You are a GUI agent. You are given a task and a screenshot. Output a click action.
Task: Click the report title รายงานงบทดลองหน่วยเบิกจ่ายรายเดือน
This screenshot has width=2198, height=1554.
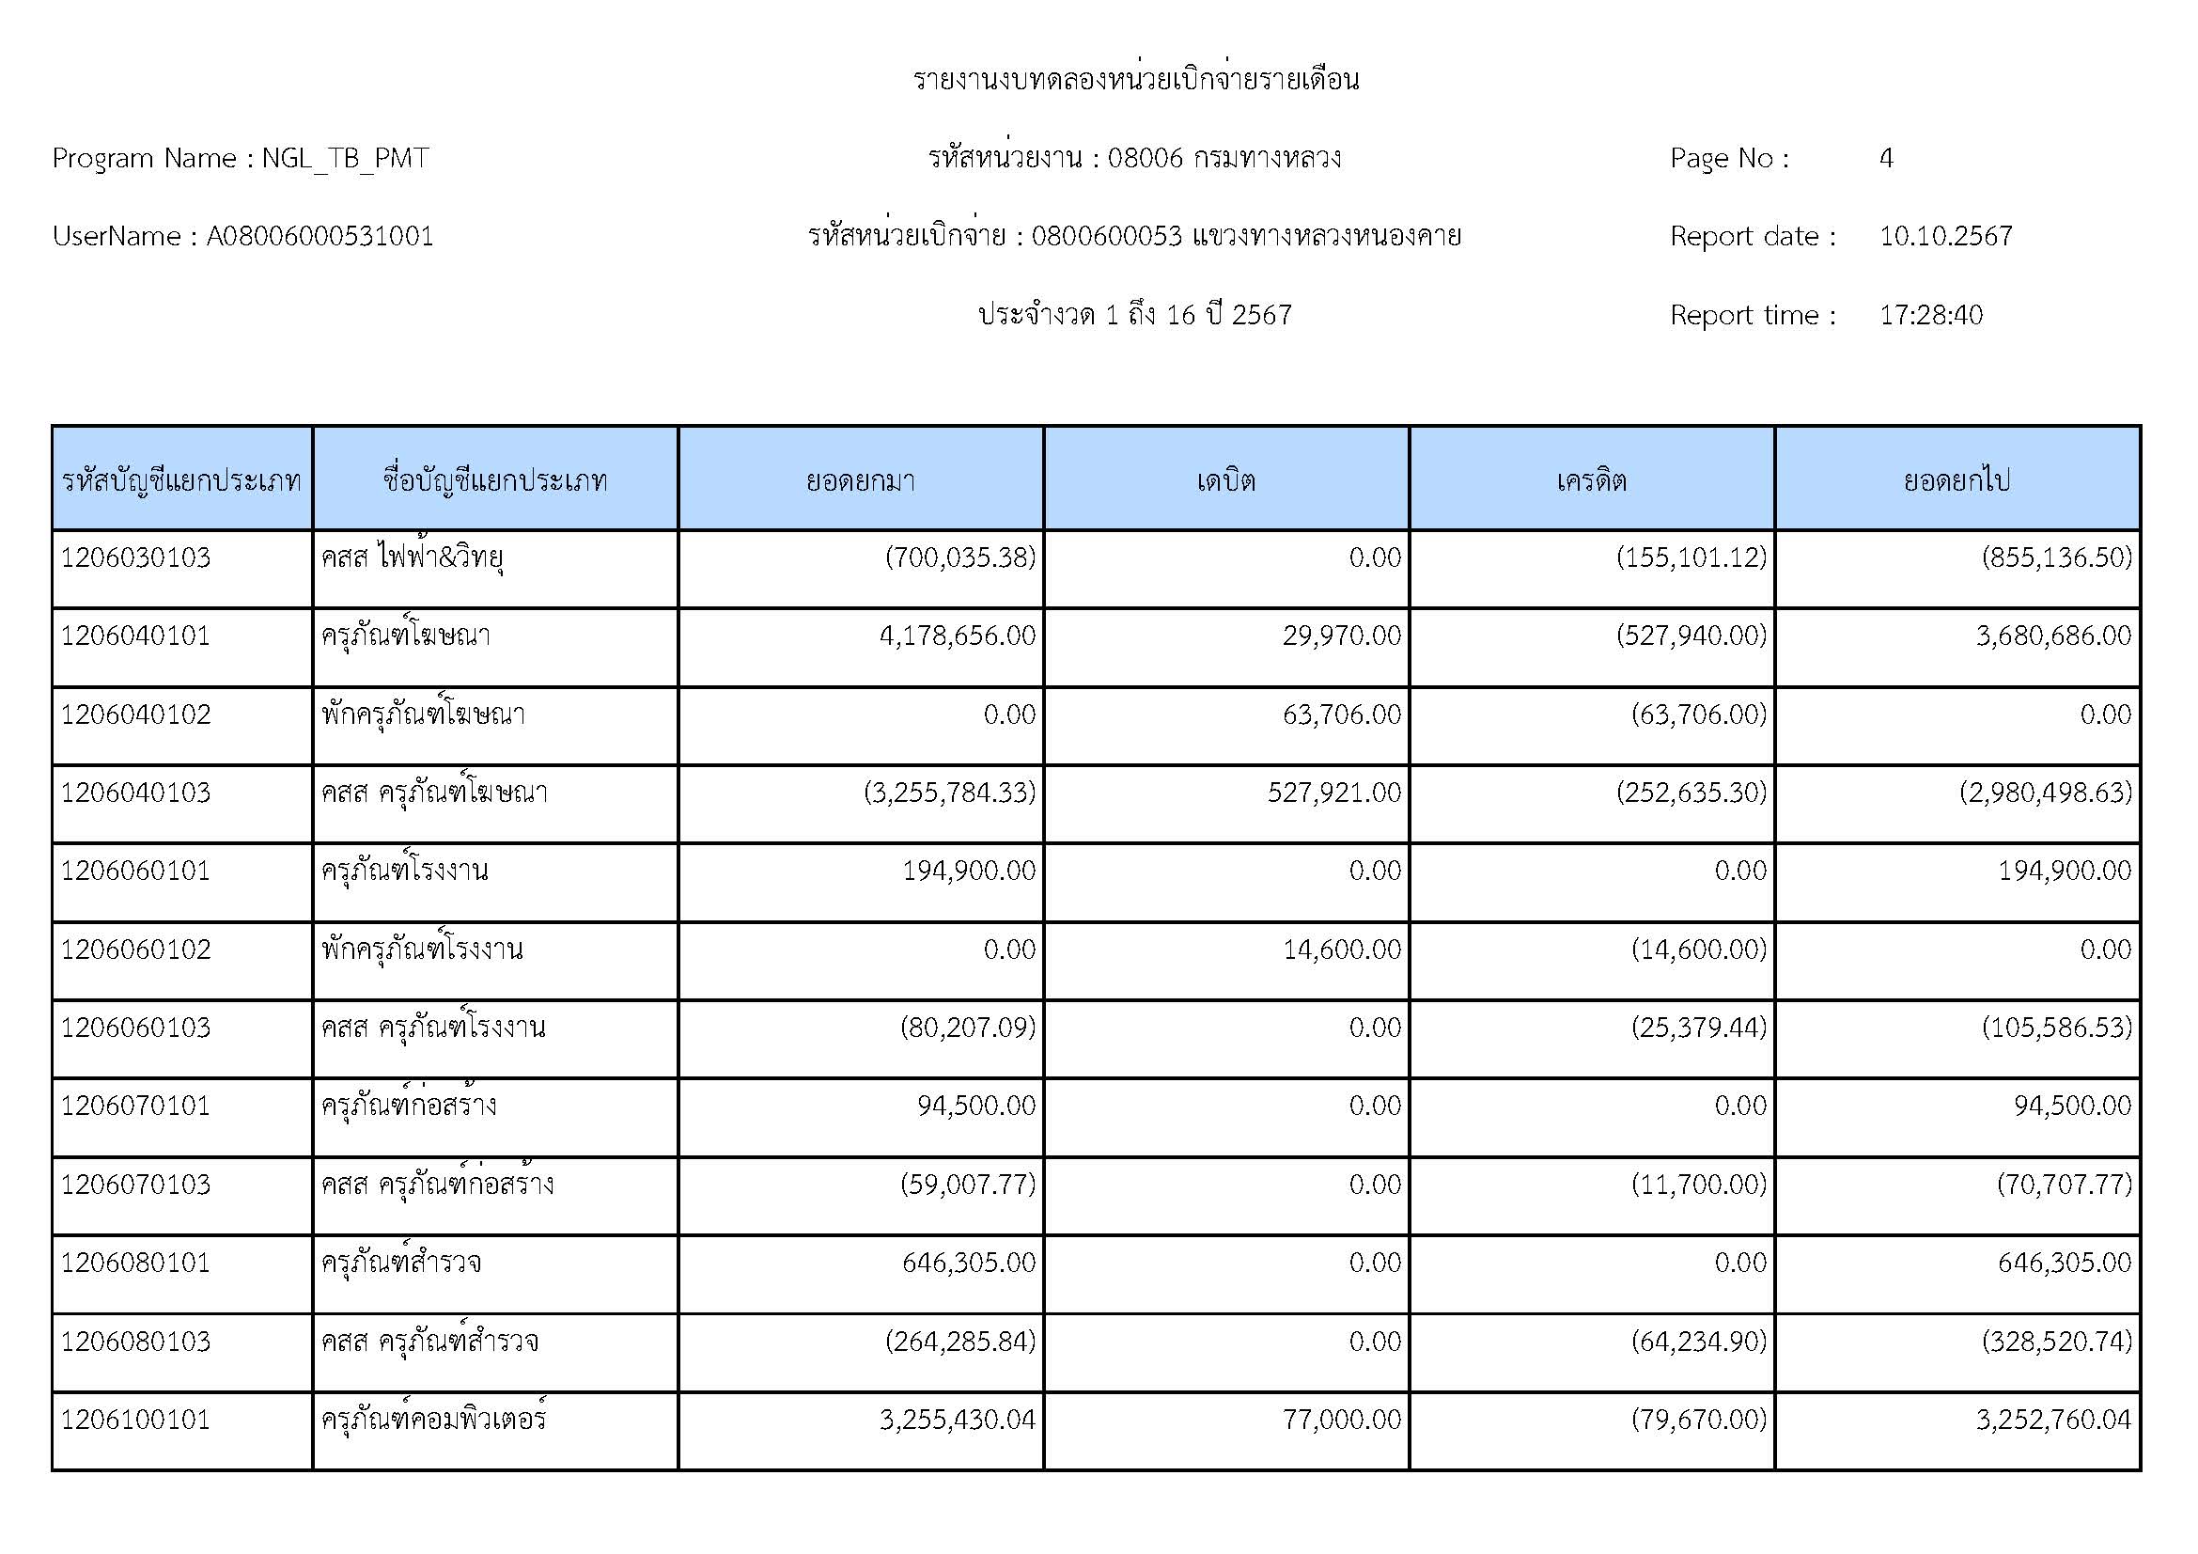click(x=1135, y=80)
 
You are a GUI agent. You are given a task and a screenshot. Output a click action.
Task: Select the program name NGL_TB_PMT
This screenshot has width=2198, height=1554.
click(x=345, y=158)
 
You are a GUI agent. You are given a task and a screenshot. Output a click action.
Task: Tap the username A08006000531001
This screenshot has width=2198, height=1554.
click(x=320, y=237)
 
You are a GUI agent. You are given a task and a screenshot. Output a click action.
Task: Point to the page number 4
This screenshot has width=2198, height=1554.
click(x=1885, y=158)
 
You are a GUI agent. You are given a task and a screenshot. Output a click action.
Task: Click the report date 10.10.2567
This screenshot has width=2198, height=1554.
click(x=1945, y=237)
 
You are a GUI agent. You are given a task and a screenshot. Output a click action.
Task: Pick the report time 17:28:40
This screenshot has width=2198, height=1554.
click(x=1930, y=315)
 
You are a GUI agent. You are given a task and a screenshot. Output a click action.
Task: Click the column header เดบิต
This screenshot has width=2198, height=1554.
click(x=1225, y=479)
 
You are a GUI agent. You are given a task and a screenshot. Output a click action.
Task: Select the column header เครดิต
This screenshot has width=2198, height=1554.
click(x=1591, y=479)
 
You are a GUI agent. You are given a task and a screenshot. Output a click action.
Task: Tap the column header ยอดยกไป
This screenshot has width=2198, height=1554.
click(x=1956, y=479)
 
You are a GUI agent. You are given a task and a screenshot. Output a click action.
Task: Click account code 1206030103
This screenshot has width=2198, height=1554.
click(x=136, y=557)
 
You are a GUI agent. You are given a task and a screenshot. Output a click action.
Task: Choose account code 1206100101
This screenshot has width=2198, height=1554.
click(x=136, y=1419)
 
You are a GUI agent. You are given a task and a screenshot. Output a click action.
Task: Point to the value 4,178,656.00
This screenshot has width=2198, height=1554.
click(x=958, y=636)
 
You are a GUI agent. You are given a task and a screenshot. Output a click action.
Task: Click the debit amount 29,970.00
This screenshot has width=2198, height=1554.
click(x=1341, y=636)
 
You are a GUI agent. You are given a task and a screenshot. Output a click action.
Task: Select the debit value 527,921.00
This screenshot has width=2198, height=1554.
click(x=1333, y=793)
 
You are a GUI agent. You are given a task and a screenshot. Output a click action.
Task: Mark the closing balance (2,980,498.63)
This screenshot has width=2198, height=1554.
click(x=2045, y=793)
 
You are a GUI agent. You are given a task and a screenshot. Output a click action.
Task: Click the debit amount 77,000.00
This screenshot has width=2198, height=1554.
click(x=1341, y=1419)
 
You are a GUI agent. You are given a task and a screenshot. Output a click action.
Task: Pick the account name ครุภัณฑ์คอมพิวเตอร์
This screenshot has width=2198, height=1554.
click(x=433, y=1419)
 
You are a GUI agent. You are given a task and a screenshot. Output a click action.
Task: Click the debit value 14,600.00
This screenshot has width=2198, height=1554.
click(x=1341, y=950)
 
